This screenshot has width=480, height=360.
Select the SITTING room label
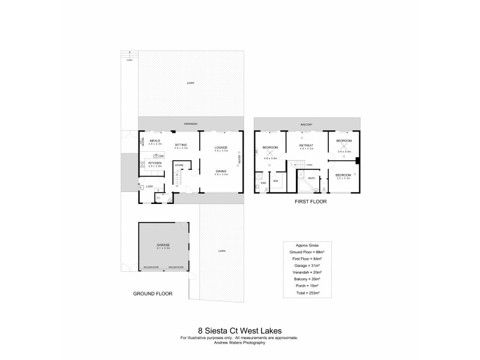181,145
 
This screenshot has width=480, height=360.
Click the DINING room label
221,171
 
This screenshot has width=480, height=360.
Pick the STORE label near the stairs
179,164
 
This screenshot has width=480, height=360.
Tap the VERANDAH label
191,124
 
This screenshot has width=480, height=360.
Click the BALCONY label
307,125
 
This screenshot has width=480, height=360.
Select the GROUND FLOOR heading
152,294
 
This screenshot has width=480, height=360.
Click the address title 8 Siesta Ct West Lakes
239,329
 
